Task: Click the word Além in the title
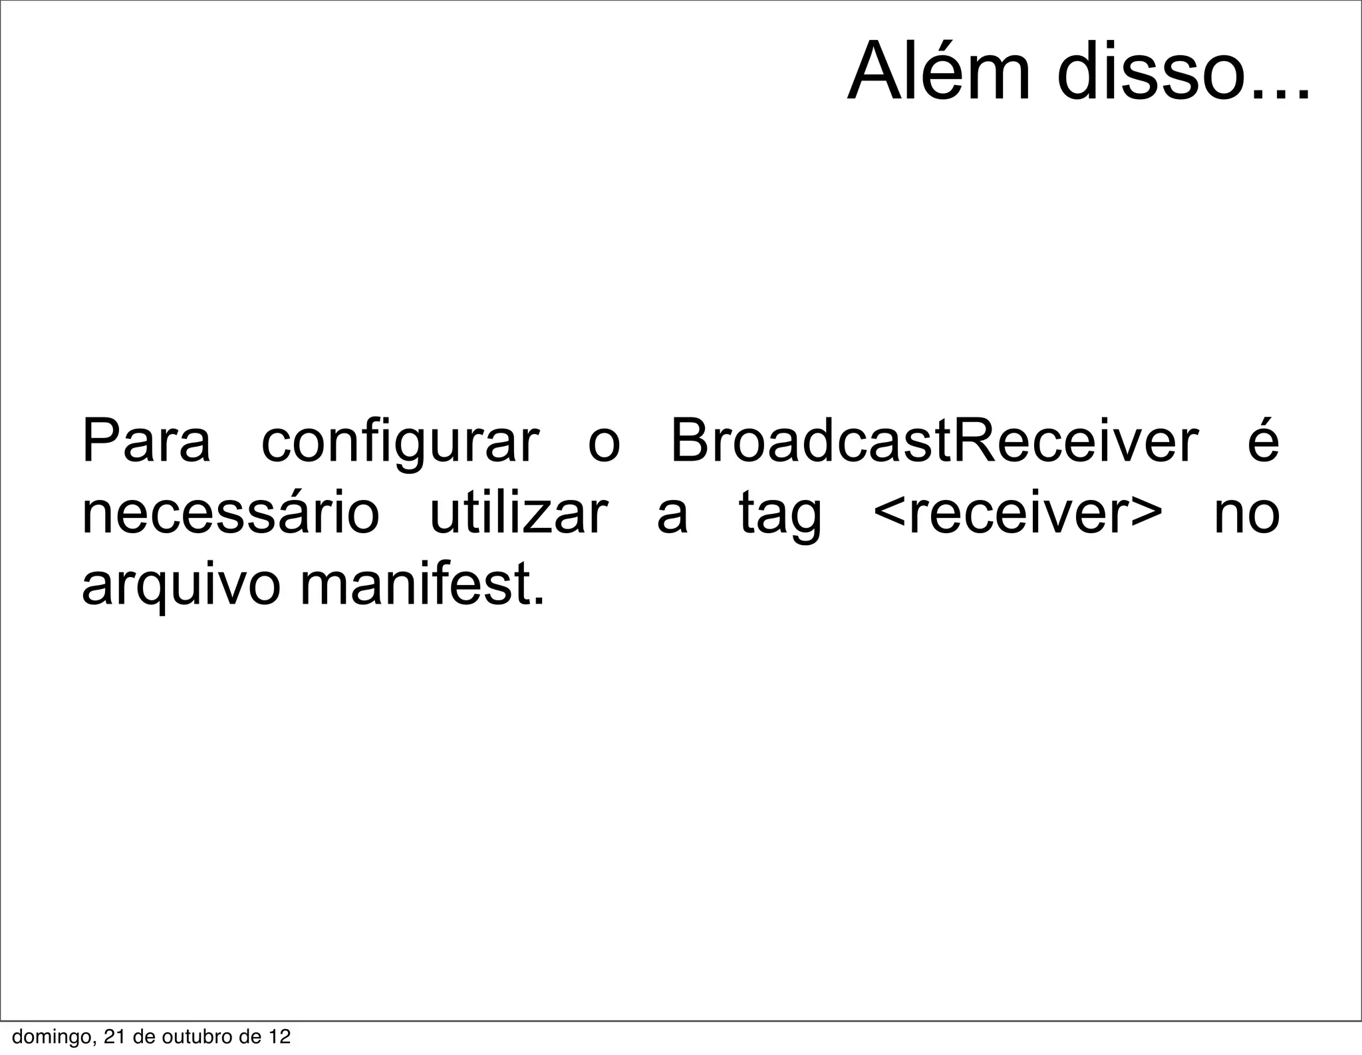[x=939, y=72]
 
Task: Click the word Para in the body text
[x=146, y=442]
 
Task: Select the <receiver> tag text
[x=1018, y=515]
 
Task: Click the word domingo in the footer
[x=49, y=1036]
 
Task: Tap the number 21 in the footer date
[x=114, y=1036]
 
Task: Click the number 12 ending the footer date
[x=279, y=1036]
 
